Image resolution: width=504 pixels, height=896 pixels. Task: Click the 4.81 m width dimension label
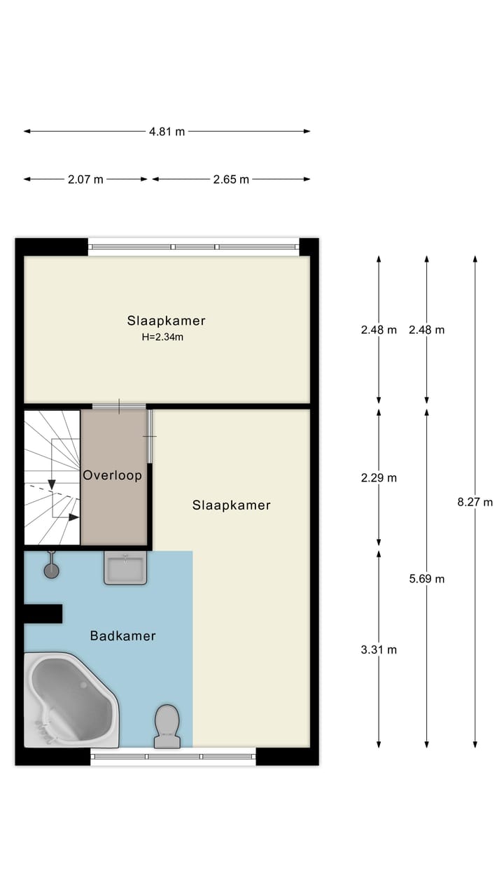click(167, 132)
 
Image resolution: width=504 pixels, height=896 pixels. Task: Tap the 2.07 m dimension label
click(85, 179)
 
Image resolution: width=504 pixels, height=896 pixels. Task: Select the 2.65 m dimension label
click(231, 179)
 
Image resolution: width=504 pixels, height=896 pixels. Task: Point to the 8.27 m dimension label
click(475, 502)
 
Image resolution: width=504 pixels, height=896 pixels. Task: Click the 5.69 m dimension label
click(427, 579)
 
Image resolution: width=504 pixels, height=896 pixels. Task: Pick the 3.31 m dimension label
click(379, 650)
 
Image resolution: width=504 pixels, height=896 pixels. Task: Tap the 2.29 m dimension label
click(379, 478)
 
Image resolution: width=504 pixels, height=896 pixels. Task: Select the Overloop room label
click(113, 475)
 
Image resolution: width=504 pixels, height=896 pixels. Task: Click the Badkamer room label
click(122, 636)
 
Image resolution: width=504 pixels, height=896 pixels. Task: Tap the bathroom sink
click(125, 567)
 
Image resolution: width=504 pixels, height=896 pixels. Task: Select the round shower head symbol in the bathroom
click(51, 570)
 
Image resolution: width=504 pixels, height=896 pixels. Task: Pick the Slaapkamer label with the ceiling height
click(167, 321)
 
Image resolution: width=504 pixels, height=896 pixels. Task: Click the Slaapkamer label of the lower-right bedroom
click(231, 505)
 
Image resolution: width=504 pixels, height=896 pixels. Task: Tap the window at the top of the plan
click(193, 246)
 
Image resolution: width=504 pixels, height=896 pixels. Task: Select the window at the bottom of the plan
click(173, 756)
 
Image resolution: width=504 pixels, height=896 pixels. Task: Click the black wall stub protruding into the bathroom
click(43, 613)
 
